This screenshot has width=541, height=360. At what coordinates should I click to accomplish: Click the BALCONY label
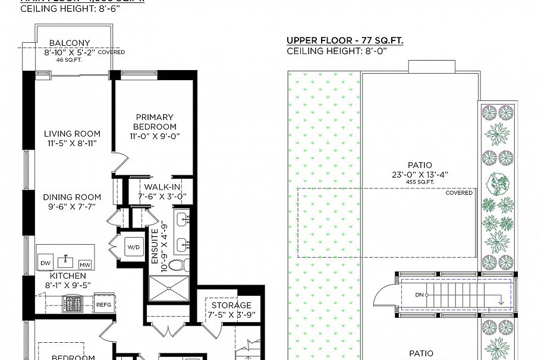70,43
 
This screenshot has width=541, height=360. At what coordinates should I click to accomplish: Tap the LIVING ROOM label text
72,134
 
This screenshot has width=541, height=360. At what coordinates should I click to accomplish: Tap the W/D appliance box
133,247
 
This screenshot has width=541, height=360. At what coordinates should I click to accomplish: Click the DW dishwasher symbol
46,263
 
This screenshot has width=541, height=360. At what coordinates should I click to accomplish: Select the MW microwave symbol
85,264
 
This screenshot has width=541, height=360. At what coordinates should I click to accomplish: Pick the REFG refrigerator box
103,304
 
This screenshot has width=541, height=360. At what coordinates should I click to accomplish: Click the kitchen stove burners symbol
76,304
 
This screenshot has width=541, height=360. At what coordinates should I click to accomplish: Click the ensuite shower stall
168,290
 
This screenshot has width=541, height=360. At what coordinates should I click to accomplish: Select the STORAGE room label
231,305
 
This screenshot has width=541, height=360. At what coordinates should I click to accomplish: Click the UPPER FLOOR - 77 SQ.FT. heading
345,40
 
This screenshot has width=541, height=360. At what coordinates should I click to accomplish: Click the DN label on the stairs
419,295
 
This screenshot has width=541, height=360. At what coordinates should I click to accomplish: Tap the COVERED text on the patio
459,192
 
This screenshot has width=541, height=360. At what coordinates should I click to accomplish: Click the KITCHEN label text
68,276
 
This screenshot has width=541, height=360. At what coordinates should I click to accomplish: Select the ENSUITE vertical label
155,246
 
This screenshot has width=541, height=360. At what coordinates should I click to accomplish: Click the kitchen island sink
66,260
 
